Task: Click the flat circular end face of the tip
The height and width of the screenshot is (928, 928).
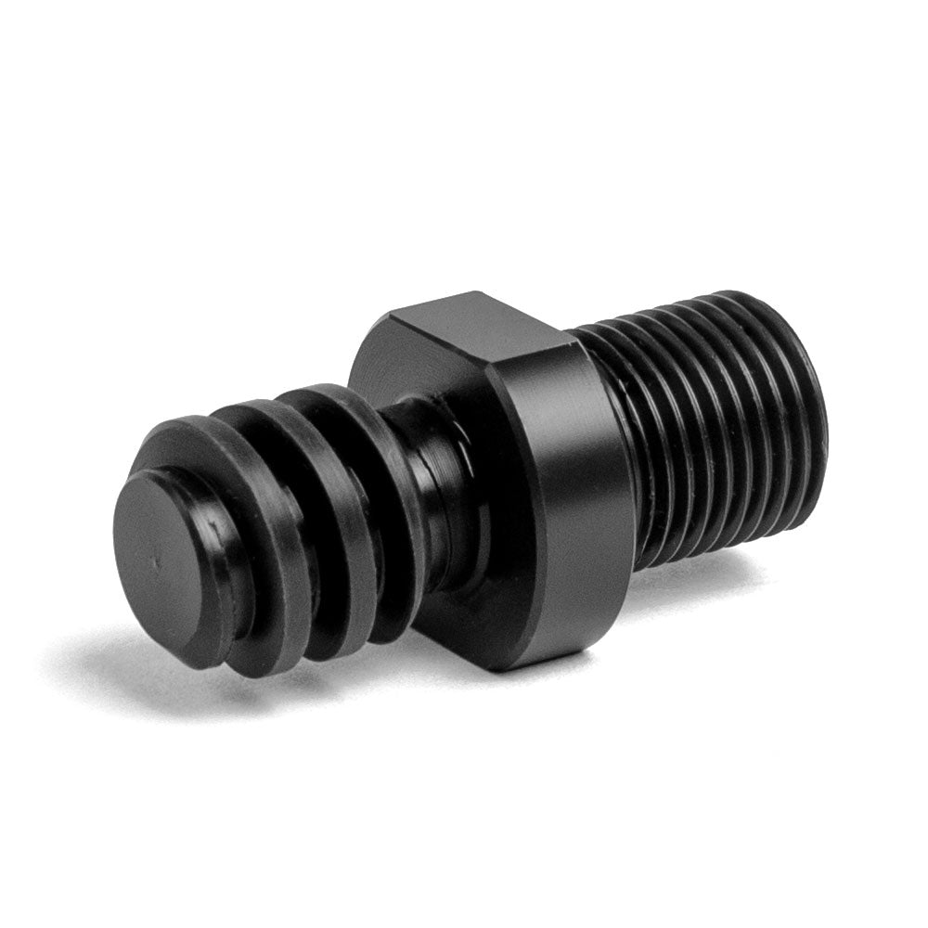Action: click(167, 566)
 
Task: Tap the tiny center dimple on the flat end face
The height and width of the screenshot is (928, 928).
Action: click(159, 560)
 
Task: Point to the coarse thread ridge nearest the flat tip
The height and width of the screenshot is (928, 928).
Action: click(269, 557)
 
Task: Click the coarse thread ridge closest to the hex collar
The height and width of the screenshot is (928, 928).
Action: click(390, 501)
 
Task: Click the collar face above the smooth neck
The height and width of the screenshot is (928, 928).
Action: click(390, 371)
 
